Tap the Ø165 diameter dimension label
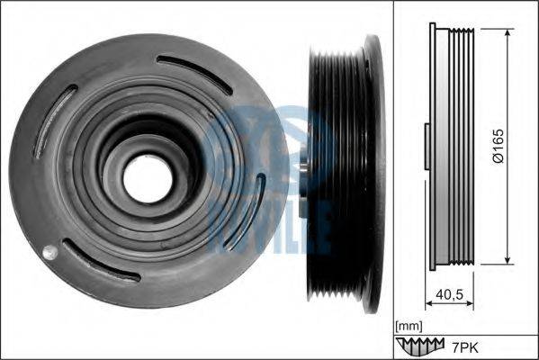(x=499, y=146)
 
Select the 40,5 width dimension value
(x=449, y=294)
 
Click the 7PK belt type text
(x=464, y=348)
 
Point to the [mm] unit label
(x=409, y=326)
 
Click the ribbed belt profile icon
(x=420, y=346)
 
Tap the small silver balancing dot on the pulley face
(x=49, y=252)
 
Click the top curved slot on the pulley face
(x=194, y=75)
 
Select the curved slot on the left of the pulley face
(x=55, y=121)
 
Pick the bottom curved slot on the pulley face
(x=101, y=260)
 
